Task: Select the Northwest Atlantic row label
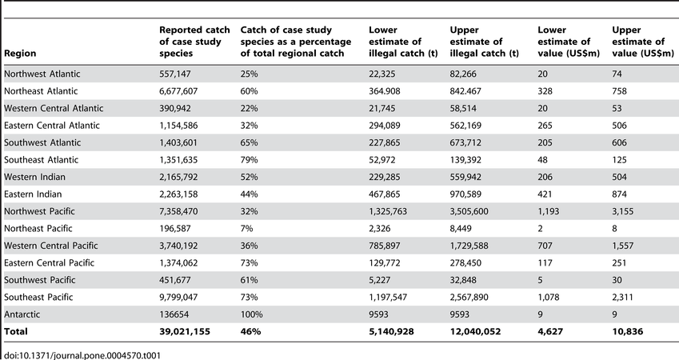point(42,74)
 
